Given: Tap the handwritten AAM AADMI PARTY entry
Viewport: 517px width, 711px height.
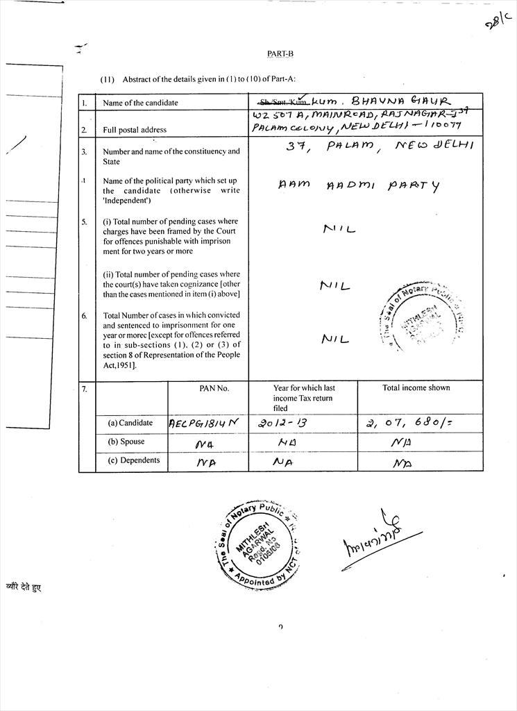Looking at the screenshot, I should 359,186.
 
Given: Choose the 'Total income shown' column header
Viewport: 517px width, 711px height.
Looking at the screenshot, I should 416,388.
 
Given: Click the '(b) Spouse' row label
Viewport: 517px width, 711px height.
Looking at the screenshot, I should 126,442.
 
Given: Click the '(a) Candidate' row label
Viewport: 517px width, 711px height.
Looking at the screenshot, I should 130,423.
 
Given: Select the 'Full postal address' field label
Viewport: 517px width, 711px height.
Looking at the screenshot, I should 135,130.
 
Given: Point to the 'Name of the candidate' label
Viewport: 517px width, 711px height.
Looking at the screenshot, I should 140,103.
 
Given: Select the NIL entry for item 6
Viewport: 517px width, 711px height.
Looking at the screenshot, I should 336,340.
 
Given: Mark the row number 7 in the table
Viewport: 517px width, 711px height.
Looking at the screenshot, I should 84,390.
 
